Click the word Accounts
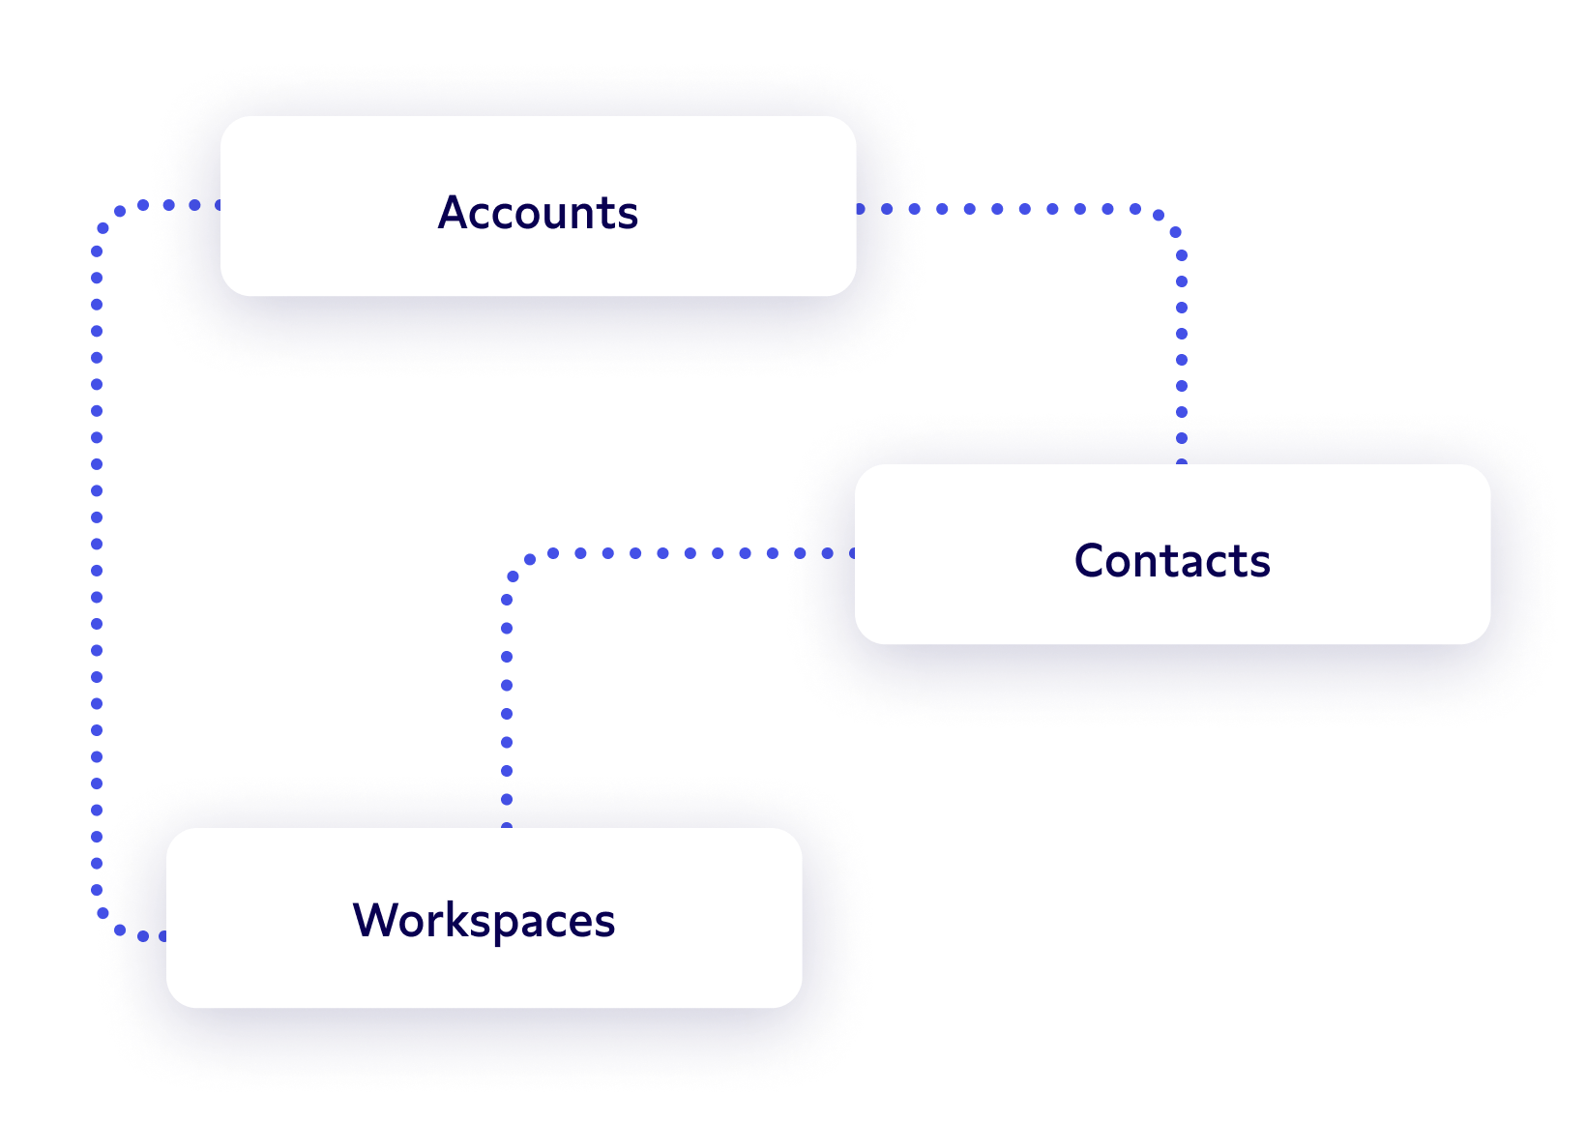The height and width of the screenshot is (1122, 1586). click(x=538, y=213)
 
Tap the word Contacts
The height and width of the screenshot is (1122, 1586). click(x=1172, y=561)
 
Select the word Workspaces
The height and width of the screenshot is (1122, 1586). click(x=484, y=920)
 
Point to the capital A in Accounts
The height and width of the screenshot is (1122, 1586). click(x=454, y=213)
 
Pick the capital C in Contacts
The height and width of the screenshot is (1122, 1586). click(x=1090, y=561)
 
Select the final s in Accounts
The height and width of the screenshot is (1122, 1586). click(x=630, y=215)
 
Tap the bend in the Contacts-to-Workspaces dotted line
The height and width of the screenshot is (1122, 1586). click(x=518, y=565)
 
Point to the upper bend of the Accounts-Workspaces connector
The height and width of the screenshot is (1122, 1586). click(x=106, y=219)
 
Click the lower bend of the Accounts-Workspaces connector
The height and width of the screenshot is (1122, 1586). click(x=106, y=924)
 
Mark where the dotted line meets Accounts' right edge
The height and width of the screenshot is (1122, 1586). click(x=859, y=209)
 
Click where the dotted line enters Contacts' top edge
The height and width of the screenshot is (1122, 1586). click(x=1182, y=463)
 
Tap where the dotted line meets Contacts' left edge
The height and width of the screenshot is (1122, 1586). click(x=855, y=553)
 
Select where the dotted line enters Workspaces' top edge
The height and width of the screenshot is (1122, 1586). click(x=507, y=827)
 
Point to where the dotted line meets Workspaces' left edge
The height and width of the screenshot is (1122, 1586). click(x=165, y=936)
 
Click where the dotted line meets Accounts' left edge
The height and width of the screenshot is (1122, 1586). click(x=220, y=205)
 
